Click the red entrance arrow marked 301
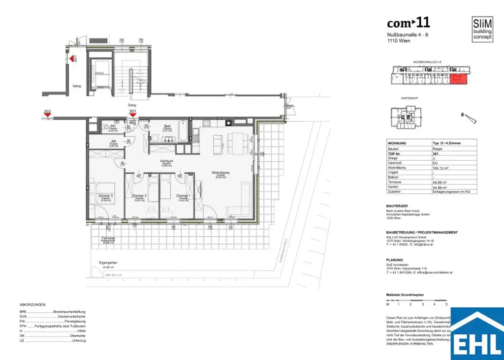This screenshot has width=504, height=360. pos(132,116)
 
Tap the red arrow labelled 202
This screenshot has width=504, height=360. pos(47,116)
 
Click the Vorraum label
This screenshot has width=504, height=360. pos(165,161)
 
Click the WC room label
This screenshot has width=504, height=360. pos(112,126)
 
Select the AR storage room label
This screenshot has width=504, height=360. pos(112,142)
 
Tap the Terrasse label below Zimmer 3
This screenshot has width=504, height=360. pos(108,238)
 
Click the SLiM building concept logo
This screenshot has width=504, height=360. pos(482,29)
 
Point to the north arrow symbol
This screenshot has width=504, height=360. pos(470,117)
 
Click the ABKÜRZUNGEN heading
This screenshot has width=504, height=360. pos(33,305)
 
